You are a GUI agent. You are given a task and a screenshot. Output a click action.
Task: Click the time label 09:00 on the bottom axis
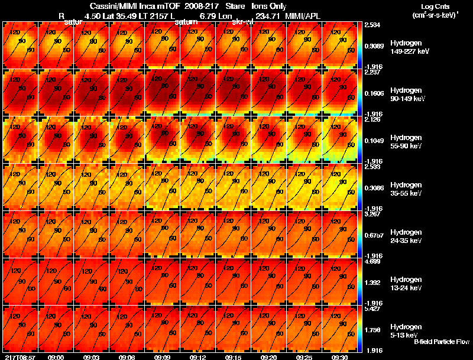(56, 356)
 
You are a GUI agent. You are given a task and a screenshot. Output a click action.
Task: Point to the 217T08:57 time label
(19, 356)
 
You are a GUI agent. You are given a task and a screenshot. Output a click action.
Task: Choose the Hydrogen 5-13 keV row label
(406, 330)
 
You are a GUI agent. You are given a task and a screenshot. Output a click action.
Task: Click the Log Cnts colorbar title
(435, 7)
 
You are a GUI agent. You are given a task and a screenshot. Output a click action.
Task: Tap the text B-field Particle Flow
(441, 342)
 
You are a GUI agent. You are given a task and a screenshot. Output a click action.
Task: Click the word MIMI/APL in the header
(303, 15)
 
